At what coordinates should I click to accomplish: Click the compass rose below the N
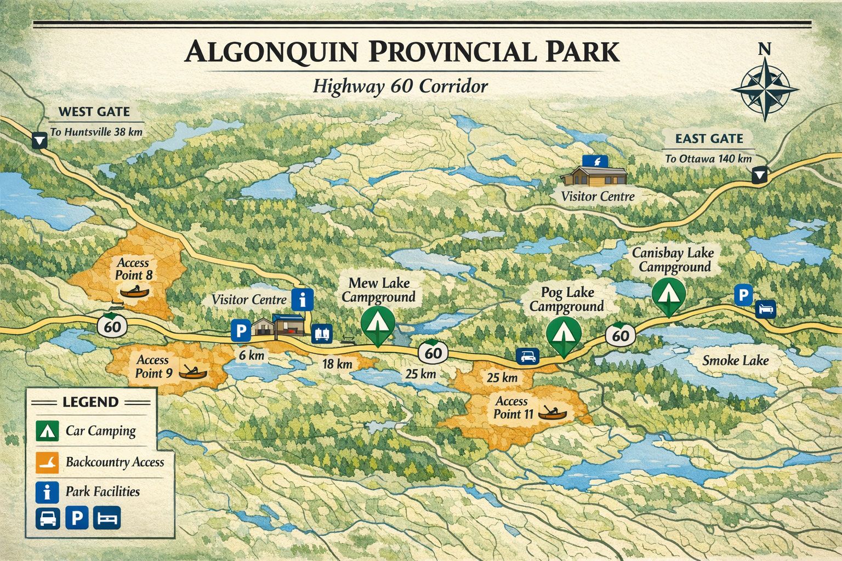click(764, 89)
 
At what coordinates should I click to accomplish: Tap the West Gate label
click(94, 112)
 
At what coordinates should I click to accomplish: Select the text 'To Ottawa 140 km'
click(708, 159)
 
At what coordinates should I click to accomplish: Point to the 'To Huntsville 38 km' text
click(96, 132)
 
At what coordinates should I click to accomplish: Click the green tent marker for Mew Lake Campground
click(378, 323)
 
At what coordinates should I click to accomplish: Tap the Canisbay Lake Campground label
click(673, 260)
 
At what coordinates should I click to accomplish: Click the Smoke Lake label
click(735, 360)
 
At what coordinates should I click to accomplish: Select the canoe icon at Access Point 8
click(134, 291)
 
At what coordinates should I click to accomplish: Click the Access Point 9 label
click(153, 367)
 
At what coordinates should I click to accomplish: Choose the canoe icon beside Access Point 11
click(551, 412)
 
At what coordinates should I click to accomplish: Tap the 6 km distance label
click(252, 356)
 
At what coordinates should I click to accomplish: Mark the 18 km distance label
click(337, 364)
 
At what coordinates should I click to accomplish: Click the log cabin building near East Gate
click(594, 176)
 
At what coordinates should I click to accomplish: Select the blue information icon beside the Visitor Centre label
click(302, 300)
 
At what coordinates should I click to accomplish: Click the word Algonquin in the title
click(270, 52)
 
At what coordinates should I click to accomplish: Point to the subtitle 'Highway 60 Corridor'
click(400, 87)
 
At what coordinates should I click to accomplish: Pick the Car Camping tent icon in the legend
click(47, 431)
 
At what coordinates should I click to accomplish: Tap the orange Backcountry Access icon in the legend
click(47, 462)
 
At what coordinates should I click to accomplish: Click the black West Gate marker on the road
click(39, 141)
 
